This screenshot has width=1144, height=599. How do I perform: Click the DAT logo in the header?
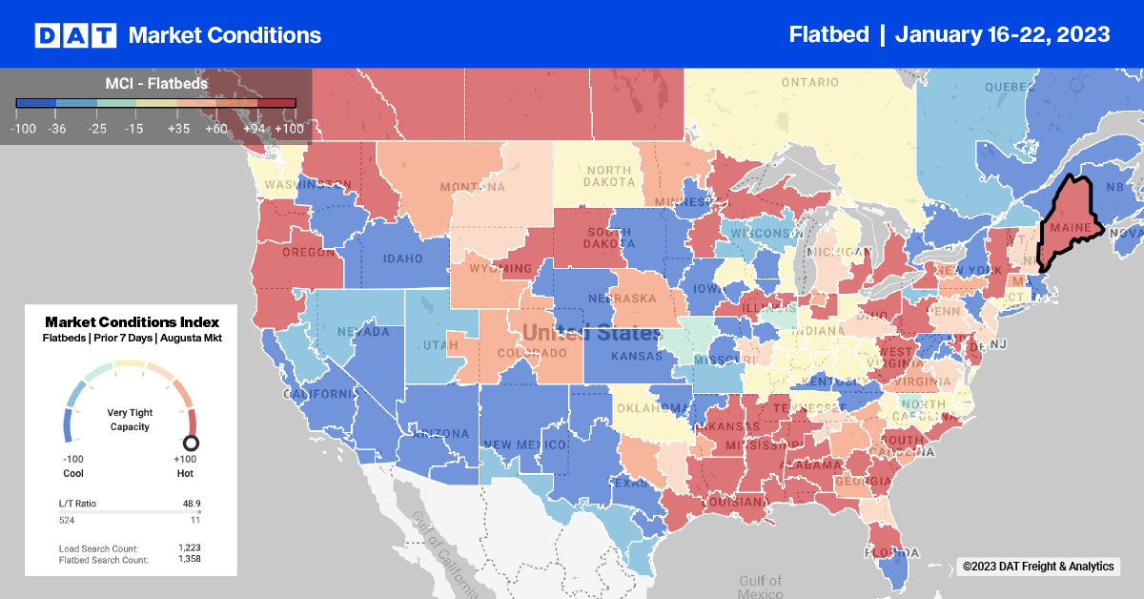75,35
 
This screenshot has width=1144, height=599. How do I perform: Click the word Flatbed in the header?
828,34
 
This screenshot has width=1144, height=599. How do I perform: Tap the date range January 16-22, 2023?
1002,34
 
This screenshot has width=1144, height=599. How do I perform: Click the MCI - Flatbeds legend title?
156,84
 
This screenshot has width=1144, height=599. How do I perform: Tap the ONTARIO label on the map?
809,82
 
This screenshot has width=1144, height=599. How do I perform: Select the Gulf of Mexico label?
760,586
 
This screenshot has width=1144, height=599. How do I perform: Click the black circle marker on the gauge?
191,443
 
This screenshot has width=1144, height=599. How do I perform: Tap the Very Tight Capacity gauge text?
130,420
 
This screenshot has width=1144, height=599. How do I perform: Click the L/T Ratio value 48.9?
191,503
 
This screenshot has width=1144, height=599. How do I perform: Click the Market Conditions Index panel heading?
132,322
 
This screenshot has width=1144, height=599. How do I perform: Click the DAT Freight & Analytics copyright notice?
1037,567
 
